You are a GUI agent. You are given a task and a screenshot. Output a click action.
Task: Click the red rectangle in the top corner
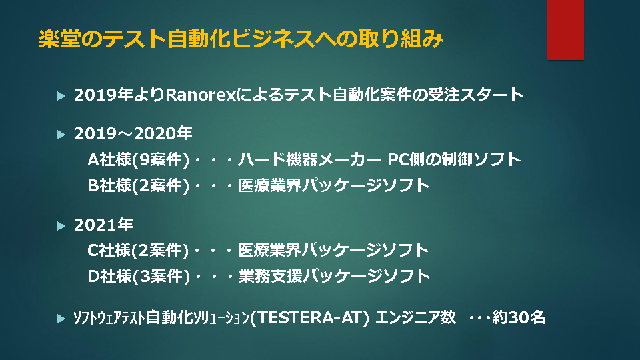[x=565, y=30]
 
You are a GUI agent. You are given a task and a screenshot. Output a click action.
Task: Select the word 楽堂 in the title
[x=59, y=39]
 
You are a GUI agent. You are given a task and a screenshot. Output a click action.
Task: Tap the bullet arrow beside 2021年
[x=61, y=226]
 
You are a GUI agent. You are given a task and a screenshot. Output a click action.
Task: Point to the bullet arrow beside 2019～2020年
[x=61, y=134]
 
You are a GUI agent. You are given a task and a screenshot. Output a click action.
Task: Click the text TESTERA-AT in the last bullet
[x=310, y=317]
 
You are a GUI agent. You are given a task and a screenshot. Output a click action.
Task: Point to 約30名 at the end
[x=519, y=317]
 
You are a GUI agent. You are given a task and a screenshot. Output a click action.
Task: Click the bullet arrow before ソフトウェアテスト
[x=61, y=319]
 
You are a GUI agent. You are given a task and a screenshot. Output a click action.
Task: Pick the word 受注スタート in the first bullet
[x=475, y=95]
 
